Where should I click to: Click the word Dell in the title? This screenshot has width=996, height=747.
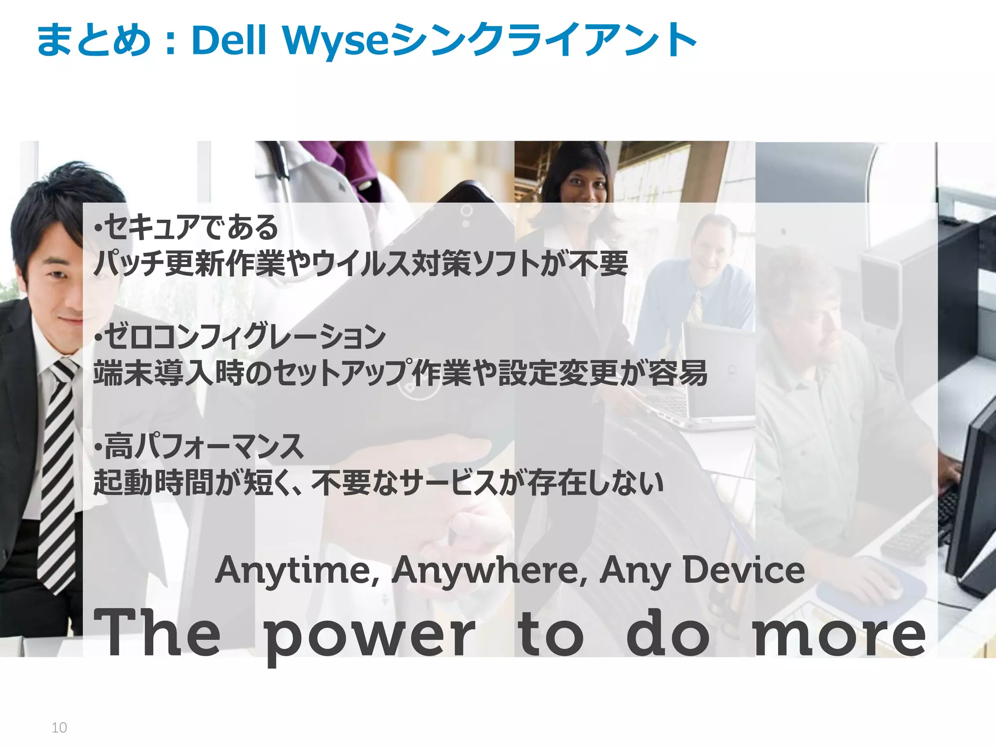(229, 40)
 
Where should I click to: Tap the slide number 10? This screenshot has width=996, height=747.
(59, 728)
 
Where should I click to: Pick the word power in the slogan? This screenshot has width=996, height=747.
(369, 635)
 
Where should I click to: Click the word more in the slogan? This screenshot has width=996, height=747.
(839, 634)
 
